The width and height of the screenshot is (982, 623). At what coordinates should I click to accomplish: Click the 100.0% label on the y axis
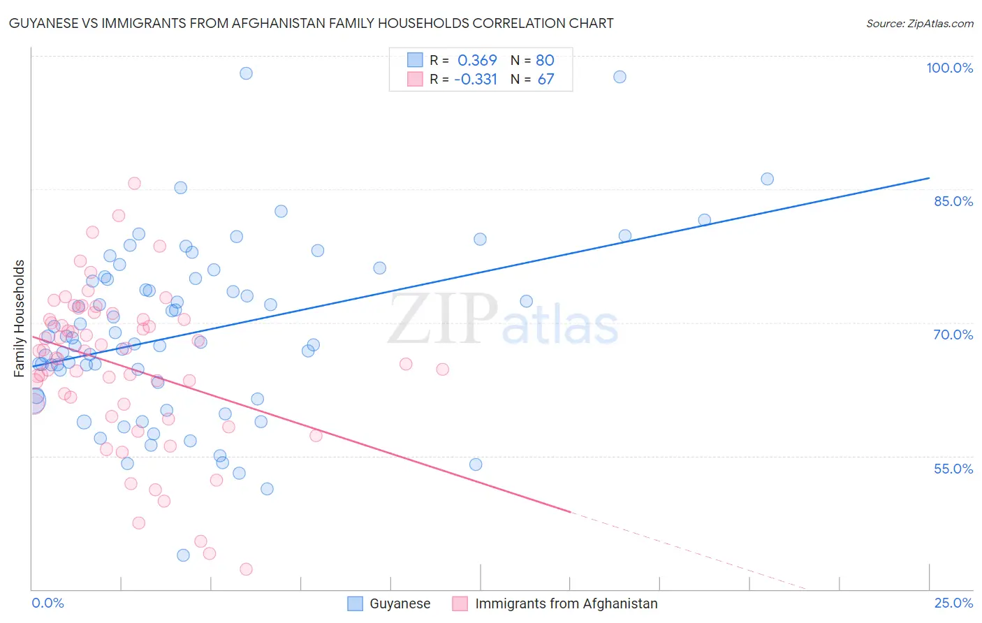pyautogui.click(x=949, y=68)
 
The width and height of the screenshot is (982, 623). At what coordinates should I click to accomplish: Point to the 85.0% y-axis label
pyautogui.click(x=953, y=201)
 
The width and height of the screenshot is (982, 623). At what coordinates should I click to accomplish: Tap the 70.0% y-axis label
pyautogui.click(x=953, y=335)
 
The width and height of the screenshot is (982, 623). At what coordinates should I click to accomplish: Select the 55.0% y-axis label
pyautogui.click(x=953, y=469)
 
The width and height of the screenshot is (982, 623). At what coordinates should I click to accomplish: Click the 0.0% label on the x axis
pyautogui.click(x=47, y=603)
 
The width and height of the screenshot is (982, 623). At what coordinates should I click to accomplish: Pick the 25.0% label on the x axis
pyautogui.click(x=953, y=603)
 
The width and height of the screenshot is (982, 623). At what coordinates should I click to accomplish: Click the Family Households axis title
pyautogui.click(x=20, y=318)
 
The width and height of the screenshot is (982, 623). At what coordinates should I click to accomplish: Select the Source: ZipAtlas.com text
pyautogui.click(x=919, y=23)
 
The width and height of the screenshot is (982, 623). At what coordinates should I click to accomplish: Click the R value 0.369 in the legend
pyautogui.click(x=477, y=61)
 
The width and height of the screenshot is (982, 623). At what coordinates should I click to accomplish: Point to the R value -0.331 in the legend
pyautogui.click(x=475, y=80)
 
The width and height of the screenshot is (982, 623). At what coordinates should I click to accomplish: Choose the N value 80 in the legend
pyautogui.click(x=545, y=61)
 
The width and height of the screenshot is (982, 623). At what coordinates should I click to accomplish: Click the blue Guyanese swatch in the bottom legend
pyautogui.click(x=355, y=603)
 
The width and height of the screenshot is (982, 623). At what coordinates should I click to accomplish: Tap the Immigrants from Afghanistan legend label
pyautogui.click(x=566, y=603)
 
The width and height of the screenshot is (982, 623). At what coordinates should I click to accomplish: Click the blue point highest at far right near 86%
pyautogui.click(x=767, y=179)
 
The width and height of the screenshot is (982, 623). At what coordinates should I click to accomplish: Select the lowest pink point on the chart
pyautogui.click(x=246, y=569)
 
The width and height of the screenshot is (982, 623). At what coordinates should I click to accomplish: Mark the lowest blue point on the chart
pyautogui.click(x=183, y=555)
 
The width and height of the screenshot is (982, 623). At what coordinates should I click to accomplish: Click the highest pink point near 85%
pyautogui.click(x=134, y=184)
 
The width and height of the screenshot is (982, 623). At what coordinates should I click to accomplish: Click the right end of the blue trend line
pyautogui.click(x=929, y=178)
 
